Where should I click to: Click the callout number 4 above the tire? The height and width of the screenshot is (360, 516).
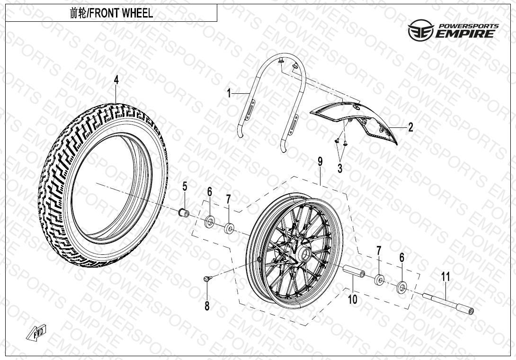(116, 80)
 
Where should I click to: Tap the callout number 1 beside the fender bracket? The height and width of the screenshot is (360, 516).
(229, 93)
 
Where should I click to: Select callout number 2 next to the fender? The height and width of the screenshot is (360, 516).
(410, 127)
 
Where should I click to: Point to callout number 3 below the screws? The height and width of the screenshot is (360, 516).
(340, 168)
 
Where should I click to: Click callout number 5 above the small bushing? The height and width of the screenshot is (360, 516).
(185, 187)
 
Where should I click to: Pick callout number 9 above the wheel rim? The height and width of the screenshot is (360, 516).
(320, 162)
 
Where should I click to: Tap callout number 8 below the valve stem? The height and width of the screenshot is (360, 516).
(207, 306)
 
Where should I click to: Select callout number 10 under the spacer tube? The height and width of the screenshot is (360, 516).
(353, 299)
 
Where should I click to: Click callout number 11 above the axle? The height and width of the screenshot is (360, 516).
(445, 277)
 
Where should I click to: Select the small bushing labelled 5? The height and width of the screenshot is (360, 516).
(184, 213)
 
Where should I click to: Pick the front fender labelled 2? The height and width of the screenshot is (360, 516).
(354, 122)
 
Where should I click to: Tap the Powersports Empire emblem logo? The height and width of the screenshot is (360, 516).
(421, 30)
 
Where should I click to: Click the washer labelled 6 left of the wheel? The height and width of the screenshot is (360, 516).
(210, 222)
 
